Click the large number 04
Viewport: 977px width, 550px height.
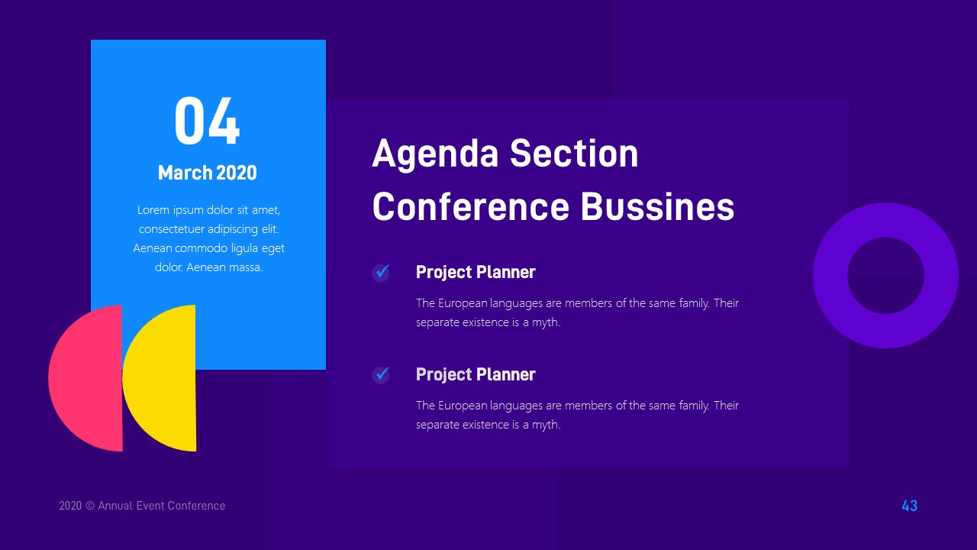point(207,121)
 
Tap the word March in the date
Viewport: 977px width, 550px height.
point(185,173)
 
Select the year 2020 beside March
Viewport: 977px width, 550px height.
point(237,173)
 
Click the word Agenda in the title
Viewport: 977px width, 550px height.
point(435,154)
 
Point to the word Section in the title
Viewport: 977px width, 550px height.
point(574,154)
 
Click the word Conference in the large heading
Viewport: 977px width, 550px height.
point(470,207)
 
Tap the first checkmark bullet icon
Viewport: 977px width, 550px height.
point(381,272)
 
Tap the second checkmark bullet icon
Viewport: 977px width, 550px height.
point(381,374)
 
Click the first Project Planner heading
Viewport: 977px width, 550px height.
point(476,272)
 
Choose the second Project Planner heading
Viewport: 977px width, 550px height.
point(476,374)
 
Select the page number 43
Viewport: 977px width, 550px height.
point(909,506)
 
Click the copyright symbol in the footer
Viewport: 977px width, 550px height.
point(90,506)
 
